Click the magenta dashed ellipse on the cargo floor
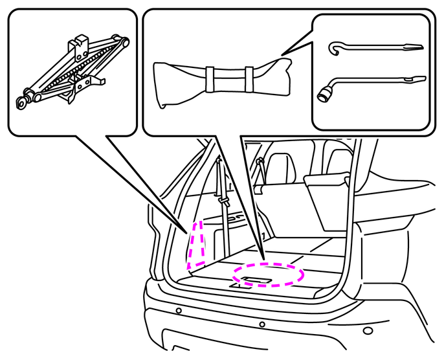(268, 275)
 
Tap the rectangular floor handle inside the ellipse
(254, 280)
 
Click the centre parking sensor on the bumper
(261, 324)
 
